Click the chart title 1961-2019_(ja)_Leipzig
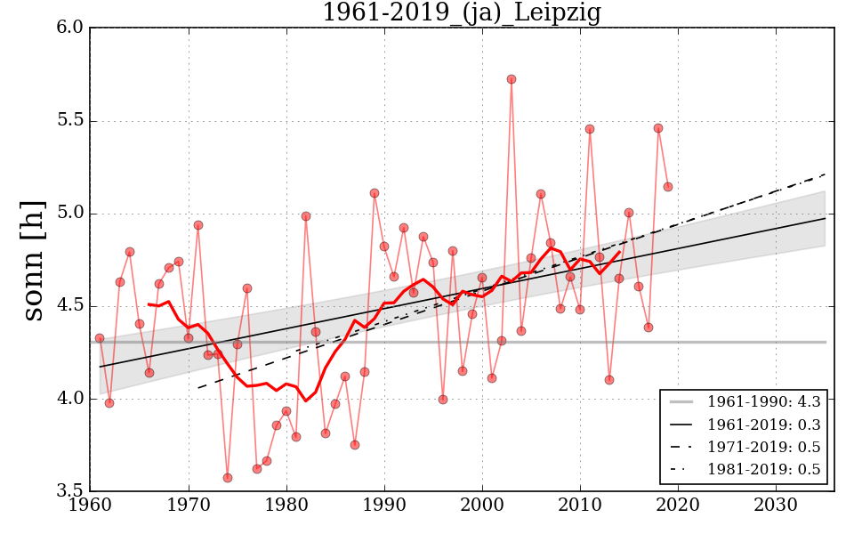pyautogui.click(x=461, y=13)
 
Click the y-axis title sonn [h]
pyautogui.click(x=33, y=259)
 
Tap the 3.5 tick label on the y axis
pyautogui.click(x=72, y=491)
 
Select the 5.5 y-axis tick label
pyautogui.click(x=72, y=120)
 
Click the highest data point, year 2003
pyautogui.click(x=512, y=79)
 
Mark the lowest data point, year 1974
pyautogui.click(x=228, y=478)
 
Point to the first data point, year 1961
pyautogui.click(x=100, y=338)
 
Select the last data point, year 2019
pyautogui.click(x=668, y=187)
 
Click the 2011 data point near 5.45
pyautogui.click(x=590, y=129)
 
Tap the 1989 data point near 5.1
pyautogui.click(x=375, y=193)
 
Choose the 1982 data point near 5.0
pyautogui.click(x=306, y=216)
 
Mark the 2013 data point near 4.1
pyautogui.click(x=609, y=380)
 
